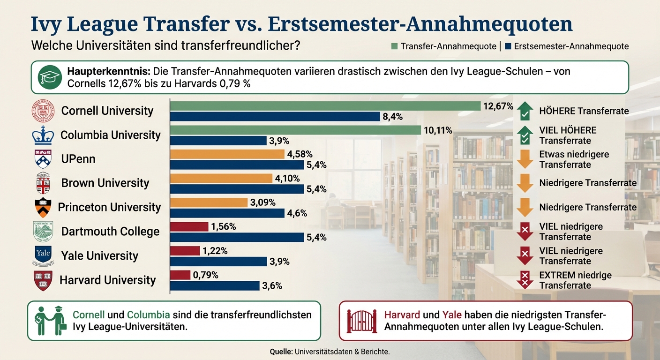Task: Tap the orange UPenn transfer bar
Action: pyautogui.click(x=227, y=154)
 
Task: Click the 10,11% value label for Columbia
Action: pyautogui.click(x=438, y=130)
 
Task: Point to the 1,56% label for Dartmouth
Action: pyautogui.click(x=224, y=227)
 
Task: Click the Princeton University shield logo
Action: pyautogui.click(x=43, y=207)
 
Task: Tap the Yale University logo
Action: pyautogui.click(x=43, y=255)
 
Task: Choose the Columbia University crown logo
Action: pyautogui.click(x=43, y=135)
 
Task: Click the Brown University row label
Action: pyautogui.click(x=105, y=183)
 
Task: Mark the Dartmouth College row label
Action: pyautogui.click(x=110, y=232)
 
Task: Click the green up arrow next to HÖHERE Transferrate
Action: pyautogui.click(x=525, y=111)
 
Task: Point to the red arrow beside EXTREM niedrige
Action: pyautogui.click(x=525, y=280)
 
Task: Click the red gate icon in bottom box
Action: pyautogui.click(x=361, y=321)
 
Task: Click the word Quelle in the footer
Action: pyautogui.click(x=281, y=351)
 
